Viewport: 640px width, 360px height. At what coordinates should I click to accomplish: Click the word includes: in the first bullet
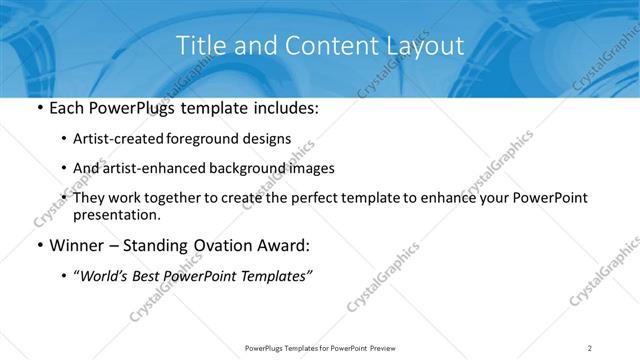[284, 109]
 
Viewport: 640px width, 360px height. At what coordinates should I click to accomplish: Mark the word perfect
[329, 198]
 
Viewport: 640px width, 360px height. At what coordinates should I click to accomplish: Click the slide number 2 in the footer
[590, 347]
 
